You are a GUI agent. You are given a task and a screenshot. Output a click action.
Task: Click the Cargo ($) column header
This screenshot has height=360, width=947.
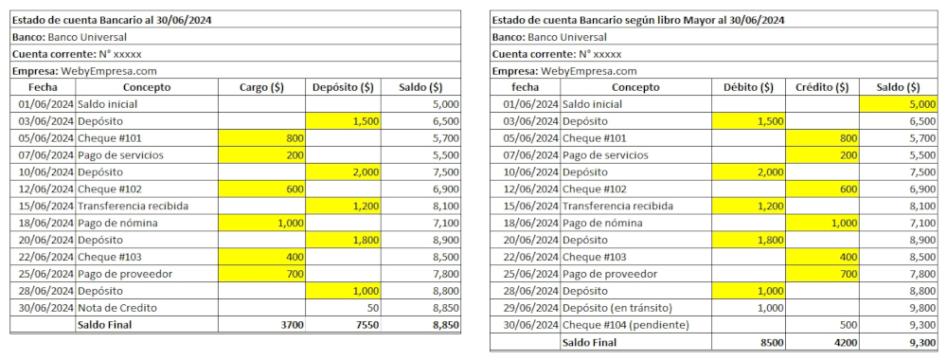(261, 87)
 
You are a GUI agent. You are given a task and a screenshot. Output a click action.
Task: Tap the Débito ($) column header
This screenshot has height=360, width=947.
(748, 87)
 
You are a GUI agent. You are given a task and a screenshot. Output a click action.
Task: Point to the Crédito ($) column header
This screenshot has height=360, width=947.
(822, 87)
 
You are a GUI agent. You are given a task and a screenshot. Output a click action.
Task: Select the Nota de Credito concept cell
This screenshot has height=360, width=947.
(146, 308)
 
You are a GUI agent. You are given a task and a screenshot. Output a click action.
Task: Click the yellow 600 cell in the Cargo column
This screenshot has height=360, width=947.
(261, 189)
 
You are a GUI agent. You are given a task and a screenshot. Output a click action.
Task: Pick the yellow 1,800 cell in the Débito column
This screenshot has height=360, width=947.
(748, 241)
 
